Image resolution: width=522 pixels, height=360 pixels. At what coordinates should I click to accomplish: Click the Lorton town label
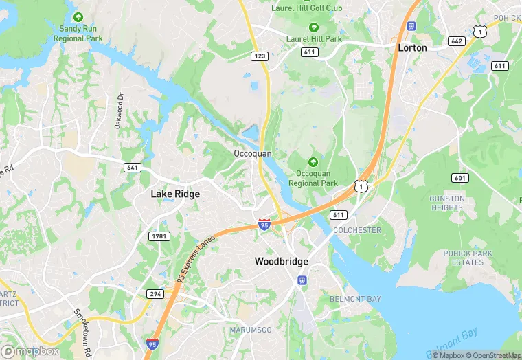pos(412,48)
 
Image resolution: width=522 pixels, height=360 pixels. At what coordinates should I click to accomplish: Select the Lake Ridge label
pos(175,194)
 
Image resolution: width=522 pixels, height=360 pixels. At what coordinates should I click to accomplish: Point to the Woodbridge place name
pos(281,262)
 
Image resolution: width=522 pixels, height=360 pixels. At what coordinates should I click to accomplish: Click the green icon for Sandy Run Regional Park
pos(79,16)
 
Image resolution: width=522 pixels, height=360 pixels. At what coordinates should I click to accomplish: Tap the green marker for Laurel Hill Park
pos(314,27)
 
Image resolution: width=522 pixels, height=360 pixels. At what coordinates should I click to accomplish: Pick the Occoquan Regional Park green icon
pos(313,162)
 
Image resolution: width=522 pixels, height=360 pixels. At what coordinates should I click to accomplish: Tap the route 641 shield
pos(133,168)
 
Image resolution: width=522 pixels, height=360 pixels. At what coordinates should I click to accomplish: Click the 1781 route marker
pos(159,236)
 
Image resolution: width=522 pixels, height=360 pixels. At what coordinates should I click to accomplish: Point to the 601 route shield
pos(459,178)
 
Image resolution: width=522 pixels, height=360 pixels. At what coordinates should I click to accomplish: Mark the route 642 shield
pos(456,41)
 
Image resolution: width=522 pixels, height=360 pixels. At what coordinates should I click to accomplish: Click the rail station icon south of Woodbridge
pos(301,280)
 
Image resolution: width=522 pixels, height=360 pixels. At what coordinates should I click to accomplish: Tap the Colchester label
pos(356,231)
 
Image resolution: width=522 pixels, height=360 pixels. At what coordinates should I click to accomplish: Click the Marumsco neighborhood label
pos(251,330)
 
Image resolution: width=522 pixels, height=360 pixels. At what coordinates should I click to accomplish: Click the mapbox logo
pos(30,350)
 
